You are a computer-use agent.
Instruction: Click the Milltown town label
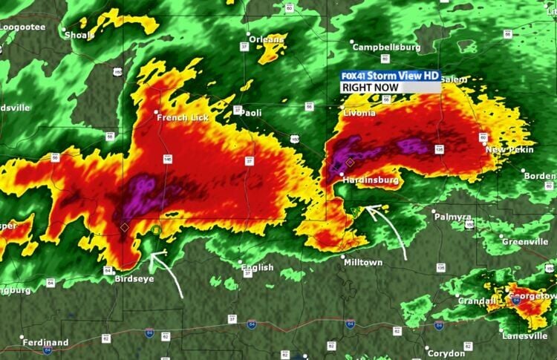(x=362, y=263)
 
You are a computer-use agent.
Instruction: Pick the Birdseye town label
(x=135, y=279)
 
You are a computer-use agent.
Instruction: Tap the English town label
(x=257, y=267)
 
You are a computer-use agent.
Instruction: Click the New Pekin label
(x=509, y=150)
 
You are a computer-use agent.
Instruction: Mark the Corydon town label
(x=446, y=353)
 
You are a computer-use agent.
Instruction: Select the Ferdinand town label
(x=45, y=342)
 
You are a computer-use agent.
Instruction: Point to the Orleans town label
(x=266, y=39)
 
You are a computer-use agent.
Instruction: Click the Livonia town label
(x=360, y=113)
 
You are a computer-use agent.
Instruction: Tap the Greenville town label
(x=524, y=242)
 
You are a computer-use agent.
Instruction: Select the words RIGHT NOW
(x=371, y=88)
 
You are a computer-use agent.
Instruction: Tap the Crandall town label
(x=476, y=301)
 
